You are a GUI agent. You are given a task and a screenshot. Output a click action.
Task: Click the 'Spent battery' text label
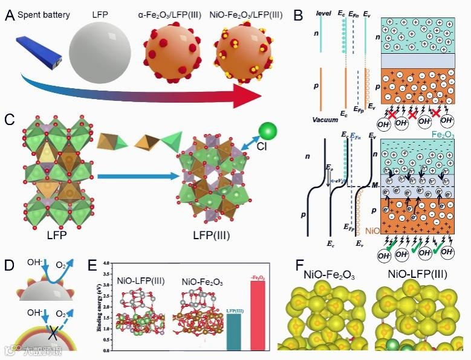[x=44, y=13]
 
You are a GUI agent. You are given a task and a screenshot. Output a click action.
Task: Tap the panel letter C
[x=10, y=118]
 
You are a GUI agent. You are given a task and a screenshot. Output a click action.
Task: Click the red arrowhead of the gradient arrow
[x=254, y=96]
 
